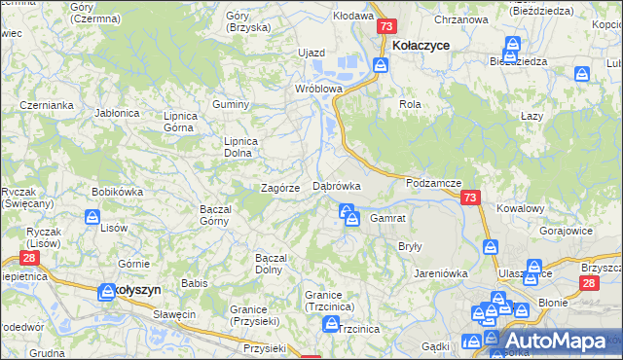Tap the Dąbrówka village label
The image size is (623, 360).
point(337,185)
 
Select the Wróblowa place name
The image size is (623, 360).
point(319,88)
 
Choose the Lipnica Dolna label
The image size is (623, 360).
point(240,146)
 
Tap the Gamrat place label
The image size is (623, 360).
point(387,218)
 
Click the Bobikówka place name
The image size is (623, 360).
point(117,192)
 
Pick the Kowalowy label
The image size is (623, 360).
point(520,208)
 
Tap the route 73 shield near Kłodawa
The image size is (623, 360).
point(386,27)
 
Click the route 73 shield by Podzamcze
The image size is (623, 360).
point(471,198)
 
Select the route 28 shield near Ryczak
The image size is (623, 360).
point(29,259)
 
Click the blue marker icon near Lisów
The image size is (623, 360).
point(94,217)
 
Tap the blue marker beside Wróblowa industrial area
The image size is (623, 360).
point(381,65)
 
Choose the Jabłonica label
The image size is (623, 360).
point(116,113)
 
